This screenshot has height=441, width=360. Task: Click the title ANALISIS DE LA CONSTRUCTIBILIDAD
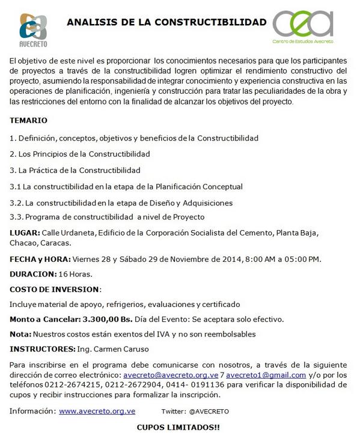[x=166, y=22]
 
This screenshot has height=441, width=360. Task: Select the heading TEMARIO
[x=29, y=120]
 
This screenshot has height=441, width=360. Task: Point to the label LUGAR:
[x=25, y=233]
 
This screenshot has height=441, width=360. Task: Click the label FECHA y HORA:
[x=40, y=259]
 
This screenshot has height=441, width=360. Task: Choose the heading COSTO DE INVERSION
[x=55, y=289]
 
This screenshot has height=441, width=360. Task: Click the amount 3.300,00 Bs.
[x=111, y=319]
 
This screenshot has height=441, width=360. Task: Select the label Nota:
[x=20, y=333]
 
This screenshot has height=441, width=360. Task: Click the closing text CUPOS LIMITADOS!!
[x=178, y=427]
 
